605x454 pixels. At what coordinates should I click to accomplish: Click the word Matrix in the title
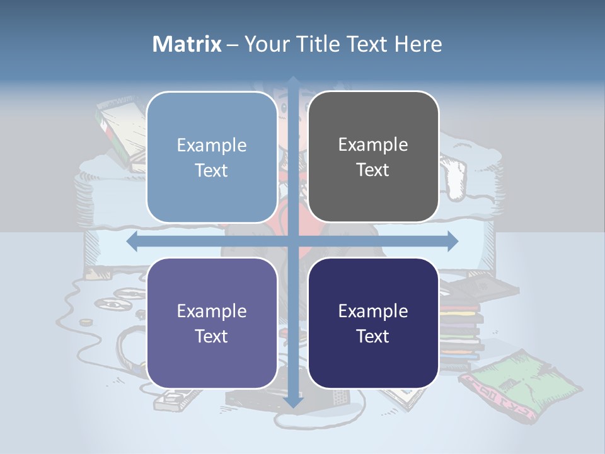(187, 44)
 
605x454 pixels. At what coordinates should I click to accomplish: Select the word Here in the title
(418, 44)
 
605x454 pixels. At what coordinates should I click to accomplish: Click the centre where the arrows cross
(293, 240)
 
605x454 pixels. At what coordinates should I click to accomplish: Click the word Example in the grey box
(373, 144)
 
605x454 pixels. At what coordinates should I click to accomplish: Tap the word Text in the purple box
(212, 336)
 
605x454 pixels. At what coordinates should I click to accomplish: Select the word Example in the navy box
(373, 311)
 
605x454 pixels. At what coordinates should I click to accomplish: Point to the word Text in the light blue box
(212, 170)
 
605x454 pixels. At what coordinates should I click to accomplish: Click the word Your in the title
(264, 44)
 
